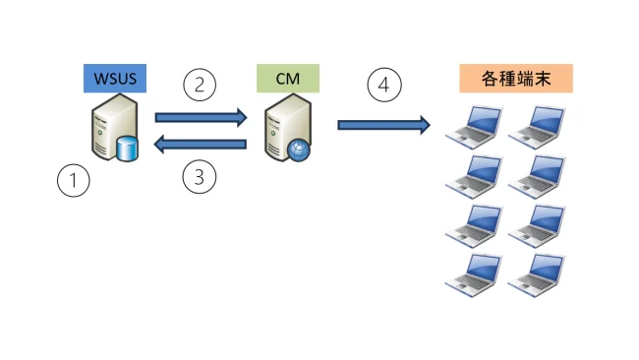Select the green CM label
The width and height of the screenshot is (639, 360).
(x=287, y=78)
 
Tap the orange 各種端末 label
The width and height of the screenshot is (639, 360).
(x=515, y=78)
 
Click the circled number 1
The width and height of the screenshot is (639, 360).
(x=74, y=180)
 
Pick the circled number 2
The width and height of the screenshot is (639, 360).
(x=200, y=85)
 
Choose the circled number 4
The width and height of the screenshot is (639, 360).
(x=384, y=85)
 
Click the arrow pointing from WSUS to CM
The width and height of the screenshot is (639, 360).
(x=201, y=118)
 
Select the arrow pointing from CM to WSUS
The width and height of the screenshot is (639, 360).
(x=201, y=146)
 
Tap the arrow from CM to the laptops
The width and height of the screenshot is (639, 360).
(x=384, y=124)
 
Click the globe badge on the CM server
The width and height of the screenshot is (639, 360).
(x=299, y=150)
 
